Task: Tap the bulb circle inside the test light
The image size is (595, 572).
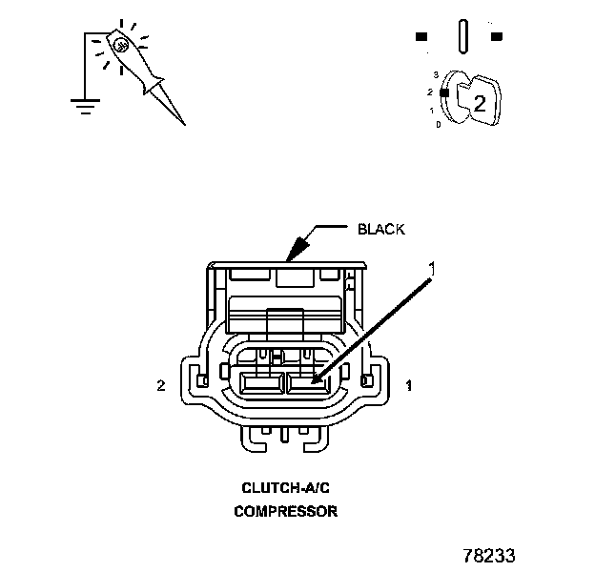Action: pyautogui.click(x=120, y=44)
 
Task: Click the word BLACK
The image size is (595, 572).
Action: pyautogui.click(x=380, y=229)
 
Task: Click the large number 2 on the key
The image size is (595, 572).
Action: pyautogui.click(x=480, y=104)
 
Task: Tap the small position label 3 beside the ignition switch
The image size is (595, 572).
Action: pyautogui.click(x=435, y=73)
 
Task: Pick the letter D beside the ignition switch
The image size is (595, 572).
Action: pyautogui.click(x=438, y=124)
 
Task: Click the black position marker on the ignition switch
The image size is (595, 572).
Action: pyautogui.click(x=444, y=92)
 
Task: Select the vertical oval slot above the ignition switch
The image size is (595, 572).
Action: pyautogui.click(x=462, y=36)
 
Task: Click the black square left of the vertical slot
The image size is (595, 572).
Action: pyautogui.click(x=421, y=37)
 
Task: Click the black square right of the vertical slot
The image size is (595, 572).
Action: pyautogui.click(x=496, y=37)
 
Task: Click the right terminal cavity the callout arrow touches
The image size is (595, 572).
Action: pyautogui.click(x=309, y=384)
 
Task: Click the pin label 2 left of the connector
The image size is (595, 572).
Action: pyautogui.click(x=163, y=386)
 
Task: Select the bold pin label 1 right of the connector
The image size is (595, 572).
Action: pyautogui.click(x=409, y=386)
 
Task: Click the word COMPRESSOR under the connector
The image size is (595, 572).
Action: pyautogui.click(x=285, y=511)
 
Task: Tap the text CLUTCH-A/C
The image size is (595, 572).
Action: pyautogui.click(x=285, y=487)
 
